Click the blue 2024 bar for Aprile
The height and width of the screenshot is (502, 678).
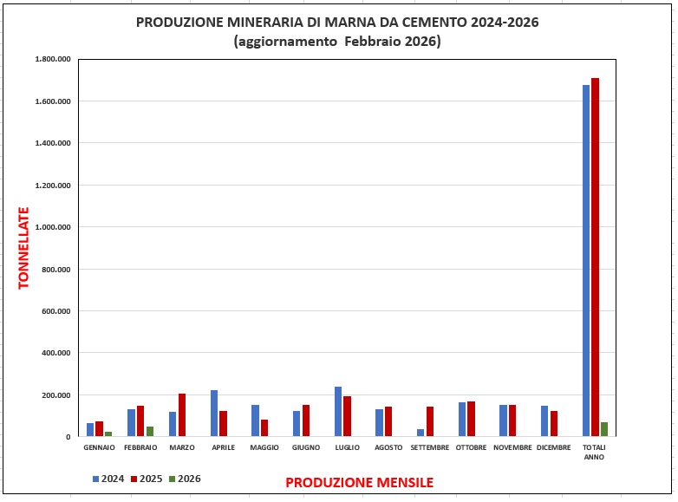pyautogui.click(x=214, y=414)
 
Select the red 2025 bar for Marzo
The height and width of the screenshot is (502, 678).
pyautogui.click(x=182, y=415)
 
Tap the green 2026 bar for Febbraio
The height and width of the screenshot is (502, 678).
pyautogui.click(x=150, y=432)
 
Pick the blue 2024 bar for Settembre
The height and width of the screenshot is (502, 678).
pyautogui.click(x=420, y=433)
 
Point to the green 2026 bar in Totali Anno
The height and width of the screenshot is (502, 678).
pyautogui.click(x=604, y=429)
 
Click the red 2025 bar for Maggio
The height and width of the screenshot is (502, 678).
pyautogui.click(x=264, y=428)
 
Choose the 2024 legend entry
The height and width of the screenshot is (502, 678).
pyautogui.click(x=108, y=478)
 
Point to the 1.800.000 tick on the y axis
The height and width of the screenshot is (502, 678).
pyautogui.click(x=52, y=59)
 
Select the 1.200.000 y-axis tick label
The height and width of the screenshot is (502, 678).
pyautogui.click(x=52, y=186)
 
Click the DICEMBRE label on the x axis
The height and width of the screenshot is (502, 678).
pyautogui.click(x=553, y=447)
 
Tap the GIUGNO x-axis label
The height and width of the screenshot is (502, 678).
pyautogui.click(x=306, y=447)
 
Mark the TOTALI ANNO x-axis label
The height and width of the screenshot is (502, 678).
pyautogui.click(x=594, y=452)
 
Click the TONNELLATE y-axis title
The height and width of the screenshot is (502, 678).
pyautogui.click(x=23, y=247)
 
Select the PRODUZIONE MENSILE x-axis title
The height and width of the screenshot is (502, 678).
pyautogui.click(x=359, y=482)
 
